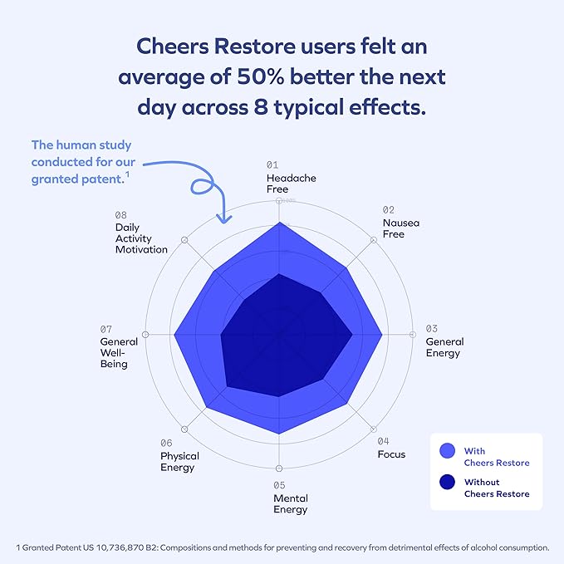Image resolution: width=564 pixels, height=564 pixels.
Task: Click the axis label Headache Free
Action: click(291, 184)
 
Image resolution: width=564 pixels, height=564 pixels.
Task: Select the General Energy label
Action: click(444, 347)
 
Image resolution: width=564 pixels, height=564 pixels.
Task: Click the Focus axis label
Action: click(391, 454)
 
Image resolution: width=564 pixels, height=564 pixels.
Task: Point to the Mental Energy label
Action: click(291, 503)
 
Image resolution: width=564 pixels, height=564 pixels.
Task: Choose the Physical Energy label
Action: click(179, 461)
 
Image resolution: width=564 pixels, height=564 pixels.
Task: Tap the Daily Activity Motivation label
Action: click(141, 238)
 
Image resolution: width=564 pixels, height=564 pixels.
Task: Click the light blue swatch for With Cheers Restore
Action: click(449, 451)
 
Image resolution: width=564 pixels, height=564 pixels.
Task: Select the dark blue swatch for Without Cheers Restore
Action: click(449, 483)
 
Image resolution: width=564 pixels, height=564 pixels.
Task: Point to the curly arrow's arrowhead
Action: click(223, 218)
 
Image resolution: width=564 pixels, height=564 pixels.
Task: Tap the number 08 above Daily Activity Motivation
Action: click(121, 214)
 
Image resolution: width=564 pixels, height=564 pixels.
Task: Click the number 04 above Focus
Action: click(383, 441)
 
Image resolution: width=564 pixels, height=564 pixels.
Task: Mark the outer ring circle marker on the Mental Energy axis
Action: click(279, 469)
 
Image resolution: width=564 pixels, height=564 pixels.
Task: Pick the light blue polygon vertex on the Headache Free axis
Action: click(279, 223)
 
